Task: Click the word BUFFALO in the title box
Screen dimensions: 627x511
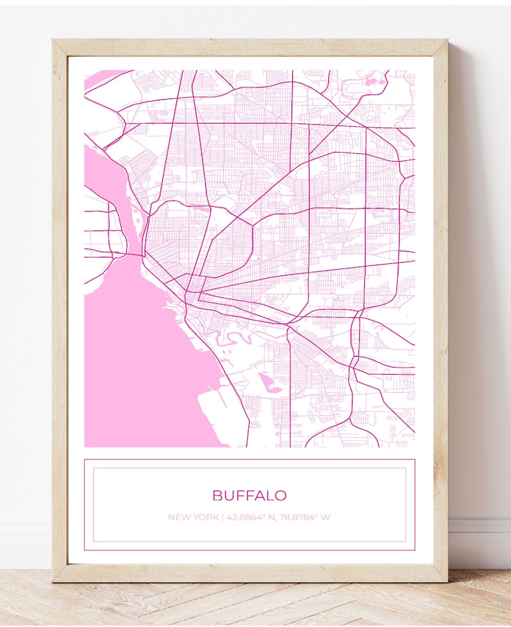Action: [249, 495]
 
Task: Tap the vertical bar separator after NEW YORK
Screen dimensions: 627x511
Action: [223, 517]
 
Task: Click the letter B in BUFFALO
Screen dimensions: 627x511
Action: [217, 495]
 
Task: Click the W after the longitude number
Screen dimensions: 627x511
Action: [326, 517]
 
